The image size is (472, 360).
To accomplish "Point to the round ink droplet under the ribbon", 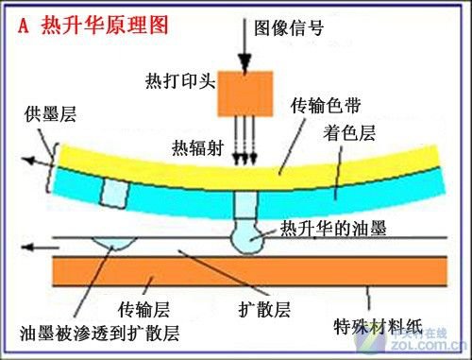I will coord(249,239).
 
